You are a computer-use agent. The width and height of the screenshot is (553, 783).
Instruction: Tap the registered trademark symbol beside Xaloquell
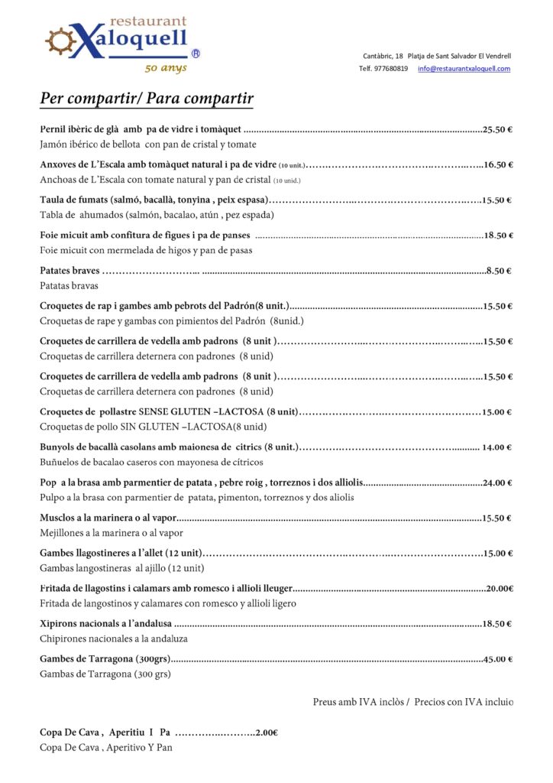(x=196, y=54)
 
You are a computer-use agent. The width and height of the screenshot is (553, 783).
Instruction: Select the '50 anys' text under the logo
(x=166, y=68)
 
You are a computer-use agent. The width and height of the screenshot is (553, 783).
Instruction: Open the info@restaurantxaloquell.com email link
(x=464, y=69)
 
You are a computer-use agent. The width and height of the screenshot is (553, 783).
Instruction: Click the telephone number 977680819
(x=391, y=69)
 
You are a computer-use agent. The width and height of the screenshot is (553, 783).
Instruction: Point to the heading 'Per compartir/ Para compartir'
(x=147, y=99)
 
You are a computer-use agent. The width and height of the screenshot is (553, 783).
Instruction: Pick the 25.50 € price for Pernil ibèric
(x=497, y=129)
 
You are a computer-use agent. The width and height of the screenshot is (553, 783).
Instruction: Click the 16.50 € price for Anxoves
(x=498, y=164)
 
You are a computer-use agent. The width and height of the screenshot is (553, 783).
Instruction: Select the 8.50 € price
(x=499, y=271)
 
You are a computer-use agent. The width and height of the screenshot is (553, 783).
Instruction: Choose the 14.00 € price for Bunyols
(x=496, y=447)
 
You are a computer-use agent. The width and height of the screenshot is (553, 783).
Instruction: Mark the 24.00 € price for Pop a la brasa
(x=497, y=482)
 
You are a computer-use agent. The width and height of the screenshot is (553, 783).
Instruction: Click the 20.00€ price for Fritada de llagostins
(x=500, y=589)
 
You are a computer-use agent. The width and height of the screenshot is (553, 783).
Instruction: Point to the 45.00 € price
(x=497, y=659)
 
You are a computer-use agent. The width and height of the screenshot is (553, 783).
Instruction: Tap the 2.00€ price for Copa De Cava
(x=267, y=733)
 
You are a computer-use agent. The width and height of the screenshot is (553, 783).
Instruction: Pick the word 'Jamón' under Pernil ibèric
(x=54, y=145)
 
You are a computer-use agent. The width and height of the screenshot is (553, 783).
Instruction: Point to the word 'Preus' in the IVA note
(x=325, y=702)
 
